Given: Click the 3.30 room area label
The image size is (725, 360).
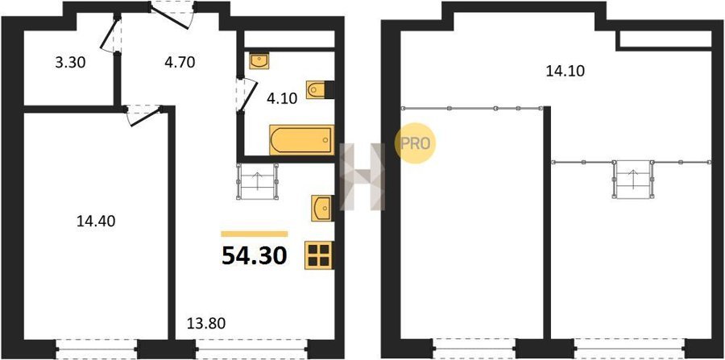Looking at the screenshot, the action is pyautogui.click(x=70, y=62).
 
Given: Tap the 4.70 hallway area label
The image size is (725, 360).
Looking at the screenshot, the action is pyautogui.click(x=180, y=61).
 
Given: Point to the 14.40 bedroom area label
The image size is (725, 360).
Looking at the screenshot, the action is pyautogui.click(x=96, y=221).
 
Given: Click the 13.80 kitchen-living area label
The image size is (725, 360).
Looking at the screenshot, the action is pyautogui.click(x=205, y=323).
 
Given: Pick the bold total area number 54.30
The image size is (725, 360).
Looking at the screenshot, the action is pyautogui.click(x=255, y=256).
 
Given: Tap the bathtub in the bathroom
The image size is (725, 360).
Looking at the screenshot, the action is pyautogui.click(x=301, y=140).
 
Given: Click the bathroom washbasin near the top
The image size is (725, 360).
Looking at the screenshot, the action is pyautogui.click(x=258, y=61).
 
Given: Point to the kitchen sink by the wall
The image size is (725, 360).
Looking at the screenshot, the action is pyautogui.click(x=321, y=208).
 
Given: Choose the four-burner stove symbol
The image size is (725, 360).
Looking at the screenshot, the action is pyautogui.click(x=318, y=255).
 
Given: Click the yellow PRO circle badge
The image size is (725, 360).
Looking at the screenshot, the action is pyautogui.click(x=415, y=143).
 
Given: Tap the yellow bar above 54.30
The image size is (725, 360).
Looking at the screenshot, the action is pyautogui.click(x=255, y=234).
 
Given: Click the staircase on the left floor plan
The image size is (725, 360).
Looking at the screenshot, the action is pyautogui.click(x=258, y=182).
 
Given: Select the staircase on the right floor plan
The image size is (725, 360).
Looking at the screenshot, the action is pyautogui.click(x=633, y=180).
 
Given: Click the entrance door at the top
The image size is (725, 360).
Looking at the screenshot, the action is pyautogui.click(x=172, y=15).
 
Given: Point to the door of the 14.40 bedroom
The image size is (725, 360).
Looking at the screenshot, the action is pyautogui.click(x=143, y=115).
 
